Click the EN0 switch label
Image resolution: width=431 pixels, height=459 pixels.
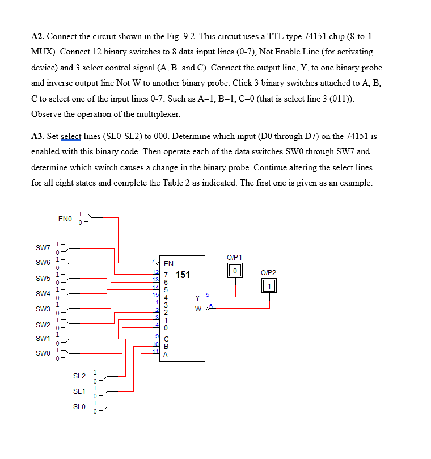[65, 218]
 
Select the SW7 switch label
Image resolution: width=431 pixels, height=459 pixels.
[43, 248]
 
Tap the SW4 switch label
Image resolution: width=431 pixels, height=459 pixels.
[43, 294]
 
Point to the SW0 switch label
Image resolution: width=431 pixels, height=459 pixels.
[43, 353]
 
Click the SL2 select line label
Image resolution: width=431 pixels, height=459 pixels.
[79, 376]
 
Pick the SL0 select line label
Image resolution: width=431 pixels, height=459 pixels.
[79, 407]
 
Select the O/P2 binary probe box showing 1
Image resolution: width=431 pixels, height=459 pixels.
[270, 286]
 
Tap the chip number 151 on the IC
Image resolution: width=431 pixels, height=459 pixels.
[183, 275]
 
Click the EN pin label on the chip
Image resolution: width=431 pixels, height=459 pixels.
[168, 264]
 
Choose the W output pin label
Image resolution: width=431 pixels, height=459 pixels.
[197, 309]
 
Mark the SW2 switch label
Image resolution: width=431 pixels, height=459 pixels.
[43, 325]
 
